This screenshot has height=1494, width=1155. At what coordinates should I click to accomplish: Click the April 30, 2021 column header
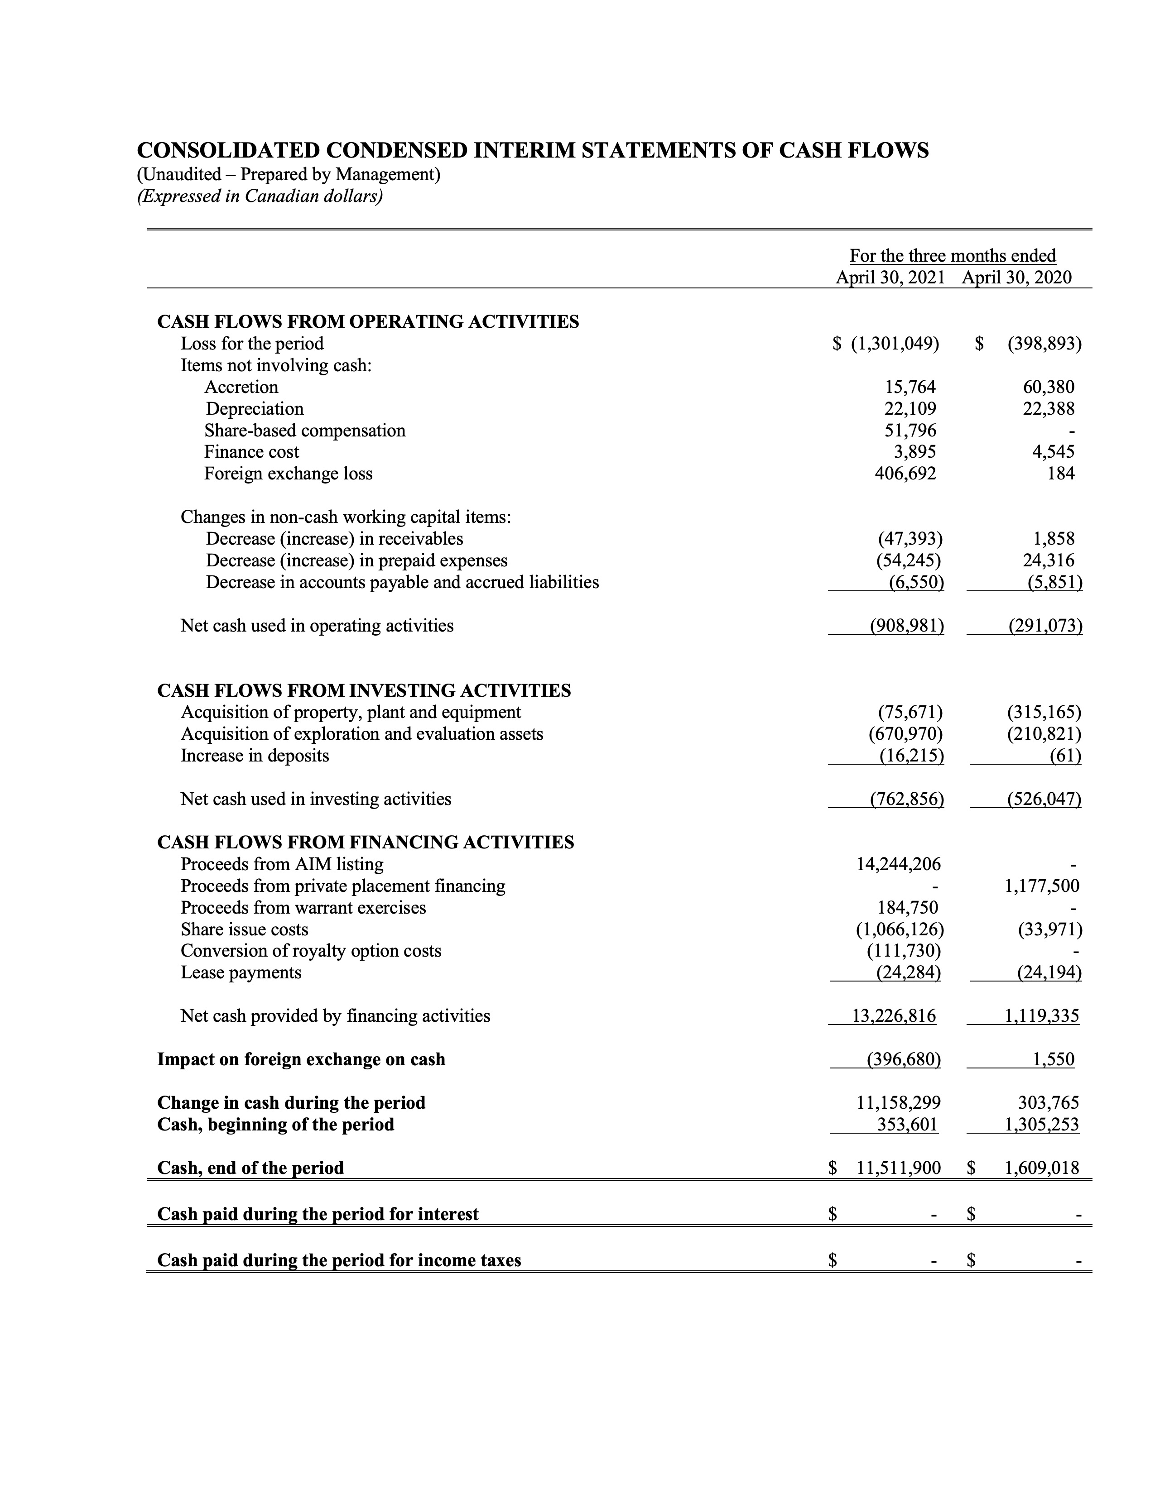890,277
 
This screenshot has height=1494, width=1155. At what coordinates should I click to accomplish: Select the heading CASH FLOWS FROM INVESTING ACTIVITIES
364,690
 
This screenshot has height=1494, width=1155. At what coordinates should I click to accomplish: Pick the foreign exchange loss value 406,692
905,474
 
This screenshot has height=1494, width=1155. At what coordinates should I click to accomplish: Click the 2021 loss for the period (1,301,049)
894,344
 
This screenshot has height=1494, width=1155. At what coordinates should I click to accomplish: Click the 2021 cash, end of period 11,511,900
899,1168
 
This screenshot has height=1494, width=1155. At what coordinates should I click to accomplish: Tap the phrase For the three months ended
953,256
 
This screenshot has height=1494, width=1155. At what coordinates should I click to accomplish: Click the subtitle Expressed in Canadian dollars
260,196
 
